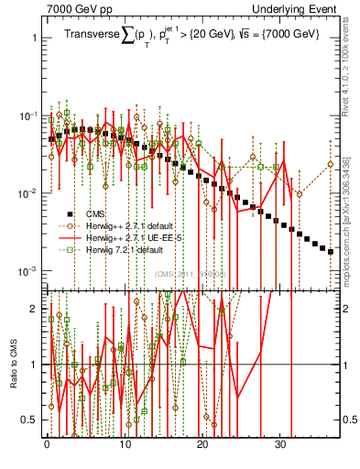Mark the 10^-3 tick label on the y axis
[x=27, y=271]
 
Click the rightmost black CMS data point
[x=331, y=251]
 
